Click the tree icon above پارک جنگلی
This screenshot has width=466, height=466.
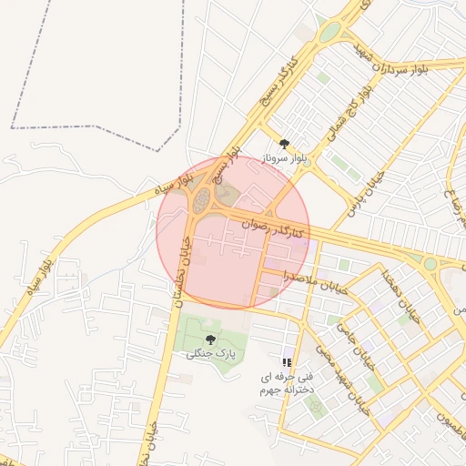[x=211, y=339]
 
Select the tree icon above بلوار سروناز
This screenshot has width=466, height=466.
[x=285, y=143]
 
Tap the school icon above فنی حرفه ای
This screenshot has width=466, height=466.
[x=288, y=361]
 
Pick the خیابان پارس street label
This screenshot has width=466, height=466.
[x=362, y=194]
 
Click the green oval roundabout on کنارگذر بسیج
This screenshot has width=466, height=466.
[x=328, y=34]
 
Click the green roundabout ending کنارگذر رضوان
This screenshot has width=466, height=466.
[x=431, y=263]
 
